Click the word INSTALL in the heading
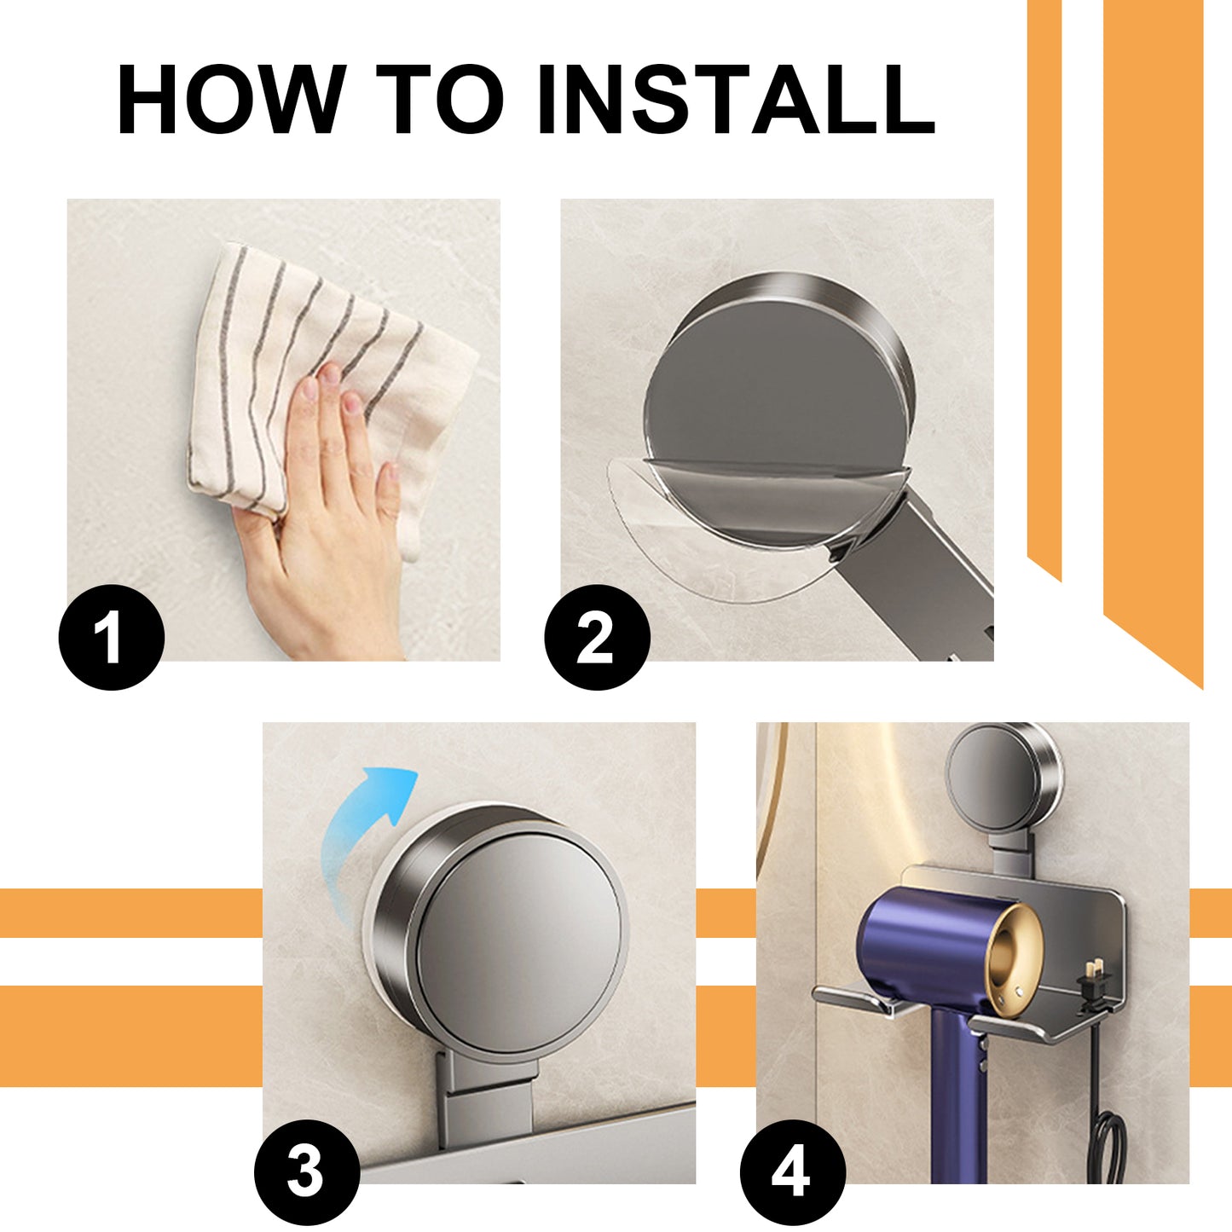(735, 100)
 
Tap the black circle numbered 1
(111, 638)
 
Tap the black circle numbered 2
(597, 638)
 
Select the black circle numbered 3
(306, 1172)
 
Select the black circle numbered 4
(792, 1172)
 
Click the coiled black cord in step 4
(1111, 1147)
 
